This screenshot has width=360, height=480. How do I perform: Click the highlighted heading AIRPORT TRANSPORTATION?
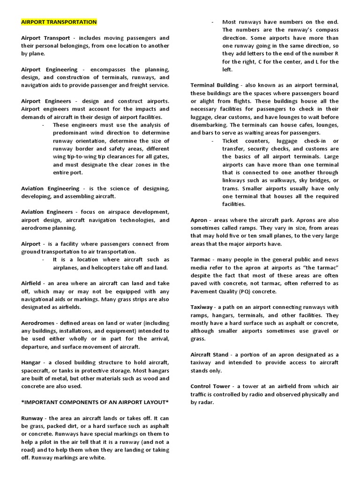pyautogui.click(x=59, y=22)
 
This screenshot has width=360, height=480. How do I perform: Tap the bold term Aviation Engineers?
pyautogui.click(x=47, y=212)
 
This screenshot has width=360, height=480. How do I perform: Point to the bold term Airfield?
pyautogui.click(x=31, y=284)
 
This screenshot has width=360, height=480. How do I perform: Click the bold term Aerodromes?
pyautogui.click(x=38, y=323)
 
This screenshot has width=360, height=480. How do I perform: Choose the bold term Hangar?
pyautogui.click(x=31, y=363)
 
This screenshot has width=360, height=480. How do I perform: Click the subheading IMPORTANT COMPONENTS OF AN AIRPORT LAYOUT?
pyautogui.click(x=95, y=403)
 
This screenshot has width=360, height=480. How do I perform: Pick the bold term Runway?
pyautogui.click(x=32, y=418)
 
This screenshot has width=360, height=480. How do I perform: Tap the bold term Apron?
pyautogui.click(x=200, y=220)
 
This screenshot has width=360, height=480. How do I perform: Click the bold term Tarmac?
pyautogui.click(x=201, y=260)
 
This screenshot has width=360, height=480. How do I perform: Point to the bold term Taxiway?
pyautogui.click(x=203, y=307)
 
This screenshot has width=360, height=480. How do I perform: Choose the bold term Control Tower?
pyautogui.click(x=210, y=386)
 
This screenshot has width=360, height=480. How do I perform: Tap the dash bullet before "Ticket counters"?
pyautogui.click(x=212, y=141)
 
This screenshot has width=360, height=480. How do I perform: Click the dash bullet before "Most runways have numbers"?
pyautogui.click(x=212, y=22)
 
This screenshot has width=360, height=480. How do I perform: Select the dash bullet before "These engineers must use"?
pyautogui.click(x=43, y=125)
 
